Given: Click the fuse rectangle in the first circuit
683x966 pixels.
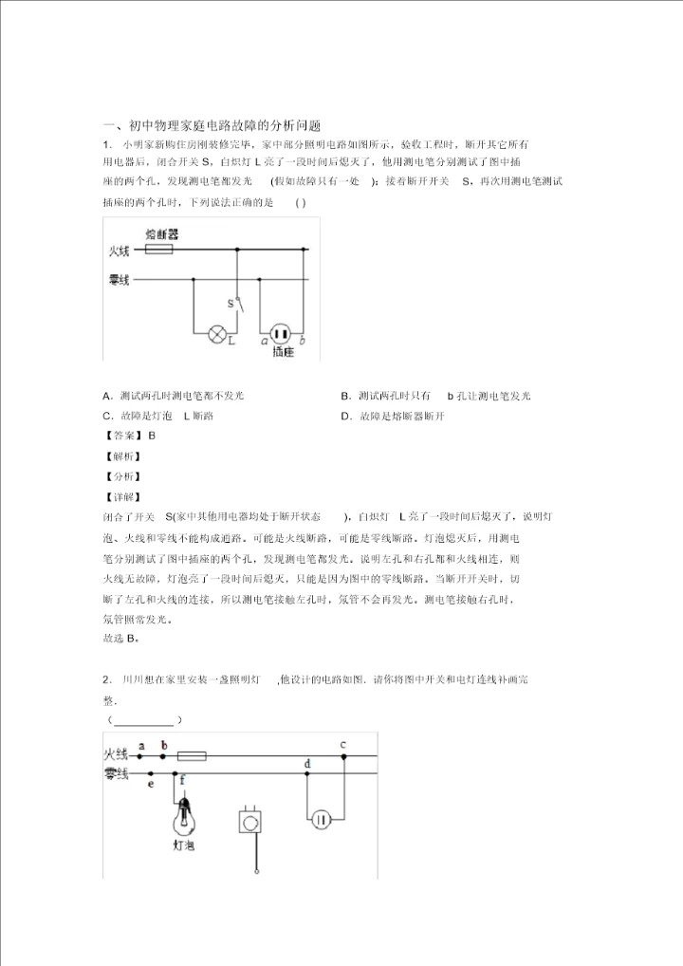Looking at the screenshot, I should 158,251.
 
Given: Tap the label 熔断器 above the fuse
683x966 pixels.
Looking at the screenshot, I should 162,233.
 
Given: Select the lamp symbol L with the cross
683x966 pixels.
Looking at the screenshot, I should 217,333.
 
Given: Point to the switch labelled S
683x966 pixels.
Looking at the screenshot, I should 238,304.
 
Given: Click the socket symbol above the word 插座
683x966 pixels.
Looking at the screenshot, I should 280,333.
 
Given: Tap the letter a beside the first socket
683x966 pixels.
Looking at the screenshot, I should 263,339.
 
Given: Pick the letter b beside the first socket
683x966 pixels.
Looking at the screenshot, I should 302,339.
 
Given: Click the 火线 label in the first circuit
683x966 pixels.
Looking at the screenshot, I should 119,251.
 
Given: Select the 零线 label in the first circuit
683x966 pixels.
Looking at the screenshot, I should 119,280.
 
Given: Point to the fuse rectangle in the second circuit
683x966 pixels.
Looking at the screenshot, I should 193,756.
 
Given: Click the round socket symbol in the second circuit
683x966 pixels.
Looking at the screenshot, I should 323,819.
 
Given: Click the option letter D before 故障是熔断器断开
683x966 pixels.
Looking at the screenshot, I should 347,416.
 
